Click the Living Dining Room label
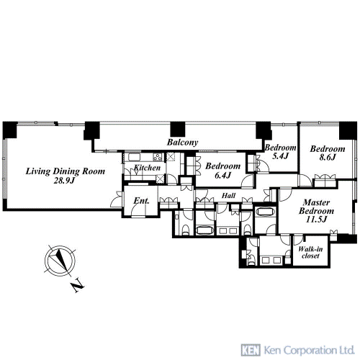click(66, 171)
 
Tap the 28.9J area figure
click(64, 181)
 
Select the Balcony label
click(182, 143)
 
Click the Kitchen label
click(147, 168)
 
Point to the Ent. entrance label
click(141, 201)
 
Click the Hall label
click(228, 196)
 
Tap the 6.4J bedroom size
click(222, 176)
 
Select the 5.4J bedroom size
click(280, 156)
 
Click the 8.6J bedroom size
click(328, 158)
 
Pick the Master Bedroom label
click(316, 207)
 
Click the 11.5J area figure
click(316, 220)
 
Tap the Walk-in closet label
click(310, 252)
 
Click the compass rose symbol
click(60, 260)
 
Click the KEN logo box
click(251, 350)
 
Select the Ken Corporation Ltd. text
click(309, 350)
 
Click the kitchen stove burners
click(158, 157)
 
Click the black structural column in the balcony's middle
click(178, 129)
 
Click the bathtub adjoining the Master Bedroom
click(265, 212)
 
